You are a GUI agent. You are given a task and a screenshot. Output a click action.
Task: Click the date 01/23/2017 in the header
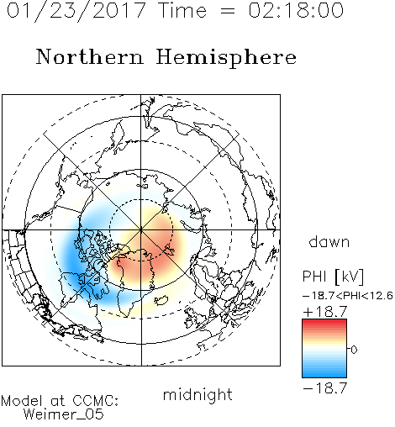click(76, 11)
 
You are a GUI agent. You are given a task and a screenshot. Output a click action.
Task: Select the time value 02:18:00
click(296, 10)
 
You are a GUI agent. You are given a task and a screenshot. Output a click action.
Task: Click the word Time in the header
click(182, 10)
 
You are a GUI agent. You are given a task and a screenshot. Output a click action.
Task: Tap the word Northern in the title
click(90, 56)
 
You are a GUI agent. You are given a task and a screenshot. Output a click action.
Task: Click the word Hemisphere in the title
click(226, 58)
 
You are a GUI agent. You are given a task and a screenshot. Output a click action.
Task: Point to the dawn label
click(329, 241)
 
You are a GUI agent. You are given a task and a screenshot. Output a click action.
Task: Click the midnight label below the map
click(197, 394)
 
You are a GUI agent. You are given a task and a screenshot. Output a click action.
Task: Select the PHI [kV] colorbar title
click(333, 277)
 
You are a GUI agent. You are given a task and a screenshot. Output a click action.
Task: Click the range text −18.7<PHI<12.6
click(348, 296)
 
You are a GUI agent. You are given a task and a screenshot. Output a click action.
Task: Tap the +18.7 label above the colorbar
click(325, 312)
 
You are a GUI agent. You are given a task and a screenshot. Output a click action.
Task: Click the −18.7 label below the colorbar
click(325, 388)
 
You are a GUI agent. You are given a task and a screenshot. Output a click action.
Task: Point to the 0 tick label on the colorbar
click(354, 350)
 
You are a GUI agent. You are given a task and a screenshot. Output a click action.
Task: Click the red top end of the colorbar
click(324, 322)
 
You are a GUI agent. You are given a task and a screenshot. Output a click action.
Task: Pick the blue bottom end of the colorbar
click(324, 375)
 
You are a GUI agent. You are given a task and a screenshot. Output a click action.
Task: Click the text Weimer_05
click(64, 414)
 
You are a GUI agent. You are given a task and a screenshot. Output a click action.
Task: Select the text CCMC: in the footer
click(95, 401)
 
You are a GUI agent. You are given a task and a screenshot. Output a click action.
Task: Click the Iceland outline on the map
click(161, 300)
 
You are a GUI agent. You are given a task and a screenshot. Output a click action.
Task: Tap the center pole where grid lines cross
click(141, 230)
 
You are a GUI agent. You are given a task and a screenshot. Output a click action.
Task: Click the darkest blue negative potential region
click(73, 255)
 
